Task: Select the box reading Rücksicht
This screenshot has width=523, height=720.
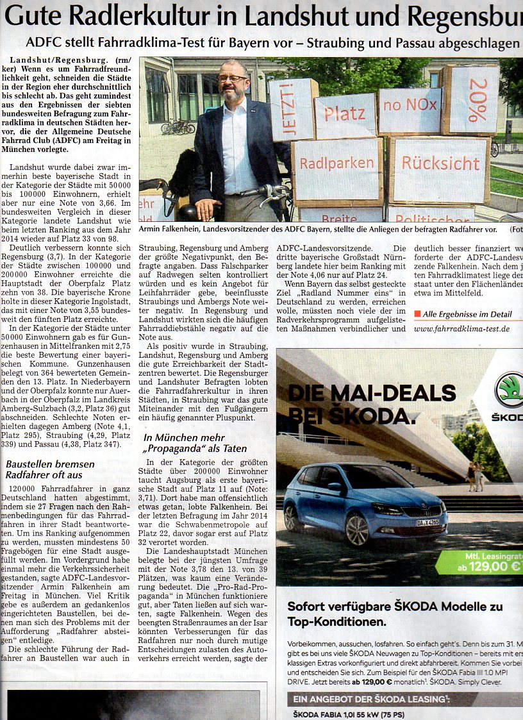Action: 440,163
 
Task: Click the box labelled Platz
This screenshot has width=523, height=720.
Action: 345,115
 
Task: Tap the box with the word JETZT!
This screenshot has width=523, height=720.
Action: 293,109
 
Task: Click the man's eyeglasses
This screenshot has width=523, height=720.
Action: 232,78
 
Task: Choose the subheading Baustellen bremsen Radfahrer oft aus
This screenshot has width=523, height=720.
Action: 50,469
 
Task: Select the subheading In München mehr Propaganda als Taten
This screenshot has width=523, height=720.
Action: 195,443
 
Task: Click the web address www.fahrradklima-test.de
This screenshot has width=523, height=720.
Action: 461,329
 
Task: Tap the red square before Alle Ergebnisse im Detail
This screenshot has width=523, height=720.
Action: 417,314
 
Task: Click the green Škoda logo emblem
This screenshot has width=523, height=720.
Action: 510,390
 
